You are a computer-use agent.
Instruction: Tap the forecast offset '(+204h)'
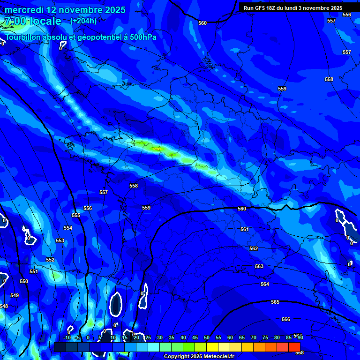pos(83,21)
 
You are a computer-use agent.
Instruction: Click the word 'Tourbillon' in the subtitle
pos(23,37)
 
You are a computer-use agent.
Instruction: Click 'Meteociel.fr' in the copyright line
pos(219,357)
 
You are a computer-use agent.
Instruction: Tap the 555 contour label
pos(76,215)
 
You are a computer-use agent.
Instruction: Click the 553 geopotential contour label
pos(60,240)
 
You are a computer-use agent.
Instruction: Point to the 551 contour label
pos(33,271)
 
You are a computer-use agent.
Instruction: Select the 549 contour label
pos(15,295)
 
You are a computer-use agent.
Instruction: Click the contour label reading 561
pos(244,229)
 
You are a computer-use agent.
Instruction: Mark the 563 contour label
pos(259,266)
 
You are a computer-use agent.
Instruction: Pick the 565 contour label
pos(275,302)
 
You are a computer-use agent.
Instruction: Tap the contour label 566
pos(286,319)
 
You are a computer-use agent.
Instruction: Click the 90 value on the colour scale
pos(300,337)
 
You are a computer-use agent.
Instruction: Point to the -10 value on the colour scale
pos(67,337)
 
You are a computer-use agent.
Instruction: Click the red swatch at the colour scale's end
pos(294,347)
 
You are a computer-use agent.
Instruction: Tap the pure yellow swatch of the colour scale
pos(212,347)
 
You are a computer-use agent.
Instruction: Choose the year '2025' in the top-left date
pos(113,10)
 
